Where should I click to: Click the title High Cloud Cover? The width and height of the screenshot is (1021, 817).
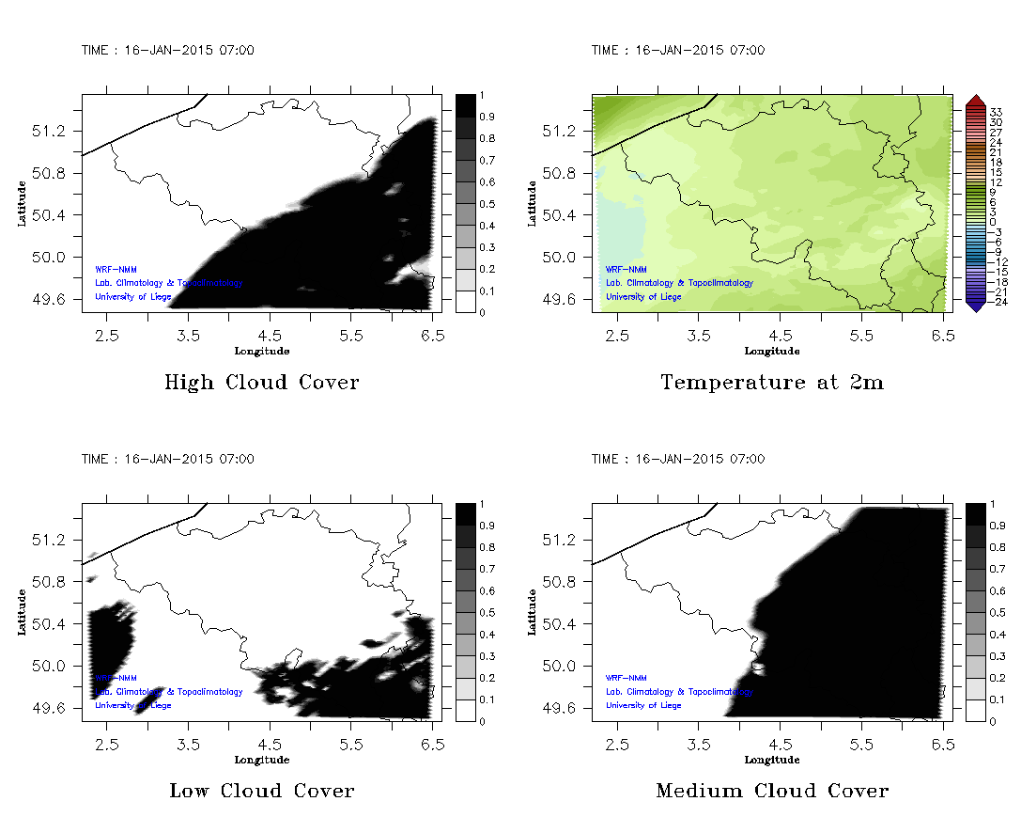[261, 383]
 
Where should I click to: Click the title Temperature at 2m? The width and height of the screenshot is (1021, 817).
[771, 383]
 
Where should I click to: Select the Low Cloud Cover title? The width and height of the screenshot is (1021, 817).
[261, 791]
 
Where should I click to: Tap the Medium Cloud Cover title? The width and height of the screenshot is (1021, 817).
[771, 791]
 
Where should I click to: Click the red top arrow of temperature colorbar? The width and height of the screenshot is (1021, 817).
[974, 100]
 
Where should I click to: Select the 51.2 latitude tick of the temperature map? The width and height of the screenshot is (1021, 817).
[563, 131]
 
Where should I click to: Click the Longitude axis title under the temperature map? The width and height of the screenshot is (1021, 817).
[771, 351]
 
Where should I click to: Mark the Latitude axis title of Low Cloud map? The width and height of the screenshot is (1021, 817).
[22, 612]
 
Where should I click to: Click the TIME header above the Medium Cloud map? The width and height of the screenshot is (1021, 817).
[677, 459]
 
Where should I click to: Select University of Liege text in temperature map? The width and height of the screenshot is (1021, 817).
[643, 297]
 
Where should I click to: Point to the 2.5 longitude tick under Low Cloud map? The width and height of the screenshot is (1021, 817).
[107, 743]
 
